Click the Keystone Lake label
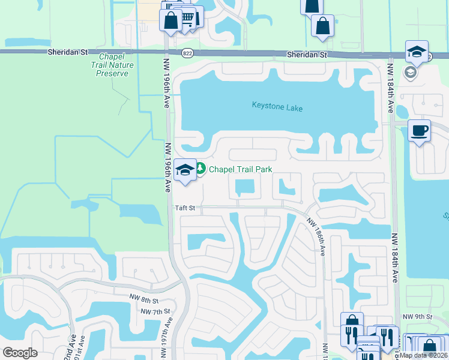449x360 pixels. tap(277, 108)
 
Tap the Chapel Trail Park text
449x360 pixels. tap(240, 169)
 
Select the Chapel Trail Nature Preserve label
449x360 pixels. tap(110, 65)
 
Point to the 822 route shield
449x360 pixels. tap(187, 53)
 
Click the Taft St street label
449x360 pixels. tap(185, 208)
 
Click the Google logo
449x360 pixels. tap(20, 352)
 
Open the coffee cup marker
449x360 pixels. tap(419, 130)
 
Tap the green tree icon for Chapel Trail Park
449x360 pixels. tap(200, 169)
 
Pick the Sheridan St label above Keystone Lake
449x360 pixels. tap(306, 55)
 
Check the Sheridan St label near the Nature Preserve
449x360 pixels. tap(67, 53)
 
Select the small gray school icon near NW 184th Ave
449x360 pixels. tap(411, 73)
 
